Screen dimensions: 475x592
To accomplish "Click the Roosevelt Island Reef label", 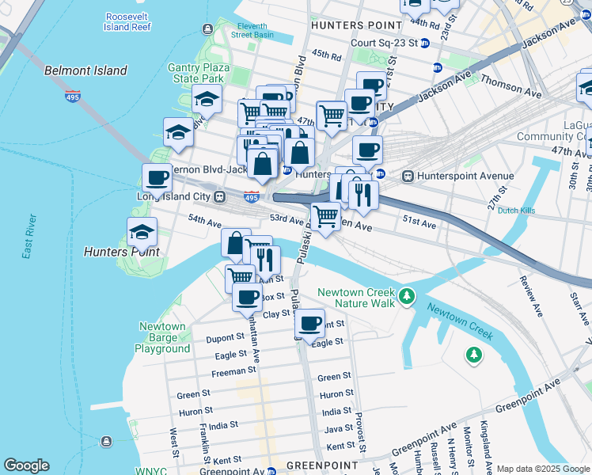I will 127,21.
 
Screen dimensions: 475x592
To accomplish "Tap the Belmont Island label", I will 85,70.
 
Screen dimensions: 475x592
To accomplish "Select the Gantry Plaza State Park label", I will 198,74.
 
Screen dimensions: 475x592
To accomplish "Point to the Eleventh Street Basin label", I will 252,30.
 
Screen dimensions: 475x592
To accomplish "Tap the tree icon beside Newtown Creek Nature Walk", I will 407,296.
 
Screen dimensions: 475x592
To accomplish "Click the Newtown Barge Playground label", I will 162,337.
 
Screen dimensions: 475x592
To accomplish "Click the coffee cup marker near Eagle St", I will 309,323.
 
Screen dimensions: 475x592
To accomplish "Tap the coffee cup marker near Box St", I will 247,298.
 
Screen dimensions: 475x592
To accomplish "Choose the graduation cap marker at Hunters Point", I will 142,232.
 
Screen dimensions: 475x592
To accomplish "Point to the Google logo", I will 27,465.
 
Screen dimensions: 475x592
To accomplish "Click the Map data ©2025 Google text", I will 543,469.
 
